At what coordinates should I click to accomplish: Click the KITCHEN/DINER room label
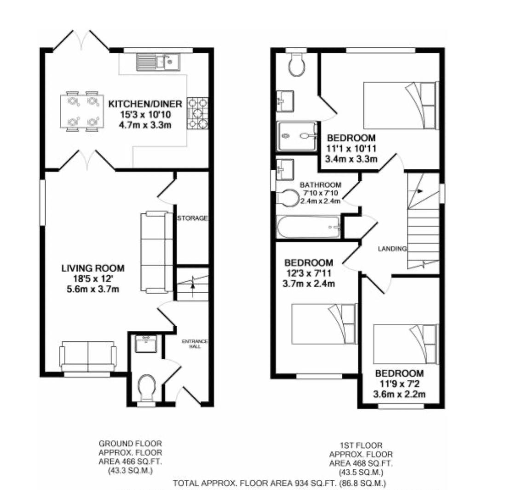pyautogui.click(x=145, y=104)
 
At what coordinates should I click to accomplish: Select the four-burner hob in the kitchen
pyautogui.click(x=198, y=113)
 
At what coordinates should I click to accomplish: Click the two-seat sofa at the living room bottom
pyautogui.click(x=88, y=356)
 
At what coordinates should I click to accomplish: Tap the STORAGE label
pyautogui.click(x=192, y=218)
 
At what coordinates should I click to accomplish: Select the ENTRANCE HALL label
pyautogui.click(x=195, y=344)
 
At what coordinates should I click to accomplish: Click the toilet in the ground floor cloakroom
pyautogui.click(x=147, y=387)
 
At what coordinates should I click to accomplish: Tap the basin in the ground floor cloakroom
pyautogui.click(x=146, y=343)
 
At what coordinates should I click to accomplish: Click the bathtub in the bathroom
pyautogui.click(x=309, y=226)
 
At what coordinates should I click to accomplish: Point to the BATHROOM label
pyautogui.click(x=321, y=185)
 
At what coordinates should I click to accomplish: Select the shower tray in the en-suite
pyautogui.click(x=297, y=136)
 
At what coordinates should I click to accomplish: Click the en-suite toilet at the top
pyautogui.click(x=297, y=64)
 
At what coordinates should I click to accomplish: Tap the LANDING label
pyautogui.click(x=392, y=249)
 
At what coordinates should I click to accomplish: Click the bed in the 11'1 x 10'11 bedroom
pyautogui.click(x=401, y=105)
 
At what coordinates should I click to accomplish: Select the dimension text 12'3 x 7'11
pyautogui.click(x=308, y=273)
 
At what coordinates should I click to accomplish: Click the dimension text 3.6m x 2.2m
pyautogui.click(x=399, y=394)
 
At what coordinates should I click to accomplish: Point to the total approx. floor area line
pyautogui.click(x=279, y=484)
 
